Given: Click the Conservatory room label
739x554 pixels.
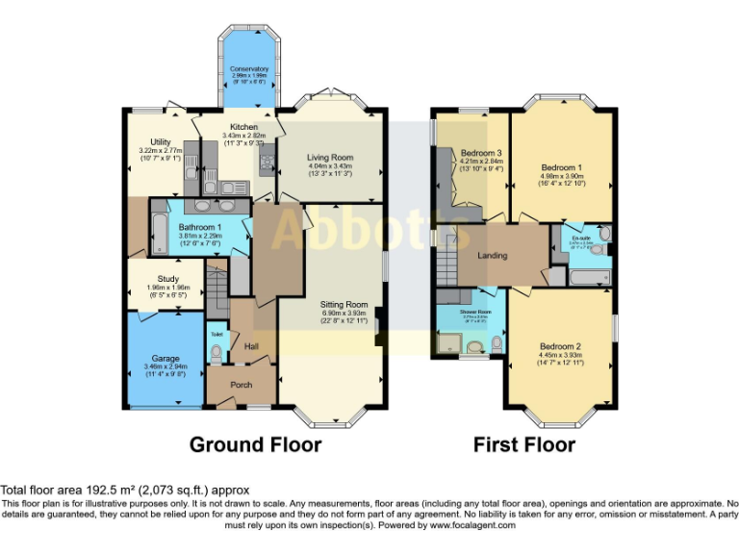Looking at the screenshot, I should (x=248, y=69).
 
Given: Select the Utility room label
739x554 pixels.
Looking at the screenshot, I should (x=161, y=142).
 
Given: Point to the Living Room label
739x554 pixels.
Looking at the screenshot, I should (x=330, y=157).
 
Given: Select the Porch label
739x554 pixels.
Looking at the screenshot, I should (x=241, y=385).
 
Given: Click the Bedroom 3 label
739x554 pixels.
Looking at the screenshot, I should (x=480, y=154).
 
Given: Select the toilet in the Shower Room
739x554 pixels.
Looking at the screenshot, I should (x=497, y=342).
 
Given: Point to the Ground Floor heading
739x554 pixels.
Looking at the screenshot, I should (x=255, y=444).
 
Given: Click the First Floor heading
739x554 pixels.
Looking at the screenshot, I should (x=523, y=444).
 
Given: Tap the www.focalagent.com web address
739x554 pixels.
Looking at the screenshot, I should (x=472, y=525).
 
